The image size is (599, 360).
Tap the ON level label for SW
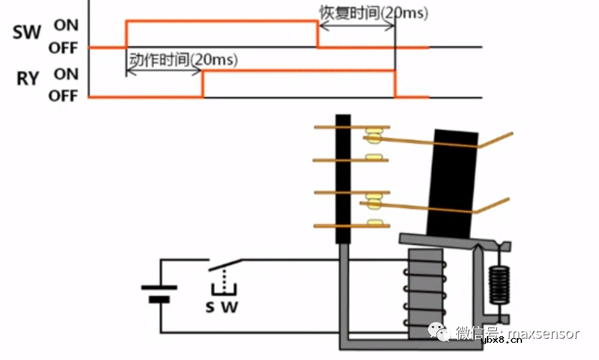pyautogui.click(x=66, y=25)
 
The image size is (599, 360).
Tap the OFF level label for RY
pyautogui.click(x=63, y=96)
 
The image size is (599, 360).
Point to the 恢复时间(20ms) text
pyautogui.click(x=373, y=12)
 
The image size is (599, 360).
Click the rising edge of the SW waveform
pyautogui.click(x=126, y=34)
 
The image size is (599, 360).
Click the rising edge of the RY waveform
pyautogui.click(x=203, y=84)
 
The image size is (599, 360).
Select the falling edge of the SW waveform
pyautogui.click(x=317, y=34)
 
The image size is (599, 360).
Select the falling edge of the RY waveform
pyautogui.click(x=395, y=84)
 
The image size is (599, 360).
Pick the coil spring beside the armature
pyautogui.click(x=498, y=285)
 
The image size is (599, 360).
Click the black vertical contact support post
pyautogui.click(x=342, y=179)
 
